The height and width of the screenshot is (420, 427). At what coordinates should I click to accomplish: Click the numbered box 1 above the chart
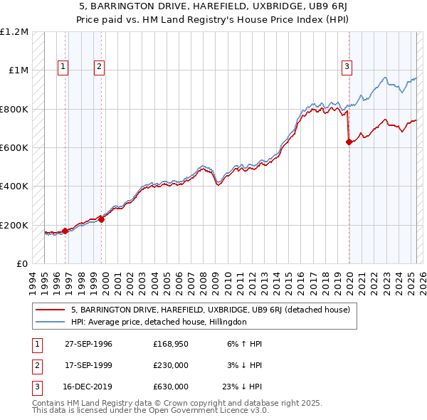63,67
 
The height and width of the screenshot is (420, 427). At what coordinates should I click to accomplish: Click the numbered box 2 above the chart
99,67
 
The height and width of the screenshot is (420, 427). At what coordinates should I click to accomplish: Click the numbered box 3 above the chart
347,67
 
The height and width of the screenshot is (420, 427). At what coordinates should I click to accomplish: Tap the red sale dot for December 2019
349,142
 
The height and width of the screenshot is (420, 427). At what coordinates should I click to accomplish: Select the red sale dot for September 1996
65,231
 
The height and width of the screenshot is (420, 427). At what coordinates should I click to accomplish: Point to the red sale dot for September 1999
101,219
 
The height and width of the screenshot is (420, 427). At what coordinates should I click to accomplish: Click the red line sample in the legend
51,310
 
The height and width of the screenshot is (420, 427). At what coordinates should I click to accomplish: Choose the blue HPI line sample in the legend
51,322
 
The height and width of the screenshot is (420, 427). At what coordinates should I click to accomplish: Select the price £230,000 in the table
171,366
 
